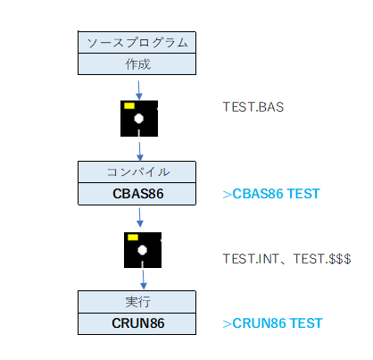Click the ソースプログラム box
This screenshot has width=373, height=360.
(x=137, y=42)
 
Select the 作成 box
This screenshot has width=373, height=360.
(x=137, y=64)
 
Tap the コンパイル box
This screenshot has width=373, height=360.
(x=137, y=172)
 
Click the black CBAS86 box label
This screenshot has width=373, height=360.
(x=138, y=194)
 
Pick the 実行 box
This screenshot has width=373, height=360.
(x=137, y=302)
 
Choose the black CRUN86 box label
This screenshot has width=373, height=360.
(x=138, y=323)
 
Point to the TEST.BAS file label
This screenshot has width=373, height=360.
(x=253, y=107)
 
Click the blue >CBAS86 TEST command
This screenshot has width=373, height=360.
(x=271, y=194)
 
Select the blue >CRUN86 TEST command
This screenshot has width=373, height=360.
(x=272, y=323)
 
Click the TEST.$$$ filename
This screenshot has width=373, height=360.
(x=322, y=259)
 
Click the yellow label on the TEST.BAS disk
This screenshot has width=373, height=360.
(x=129, y=105)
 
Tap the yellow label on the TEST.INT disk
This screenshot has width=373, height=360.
(x=133, y=238)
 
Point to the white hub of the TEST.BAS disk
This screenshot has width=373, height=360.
(x=138, y=118)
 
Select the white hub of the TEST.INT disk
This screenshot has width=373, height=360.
(x=143, y=250)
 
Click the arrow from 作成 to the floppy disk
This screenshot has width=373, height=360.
(x=138, y=90)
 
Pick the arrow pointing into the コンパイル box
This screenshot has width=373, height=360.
(x=140, y=152)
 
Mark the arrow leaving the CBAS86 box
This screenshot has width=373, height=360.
(x=140, y=217)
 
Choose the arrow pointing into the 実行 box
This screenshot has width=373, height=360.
(x=144, y=280)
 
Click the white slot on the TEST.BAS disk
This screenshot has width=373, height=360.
(x=139, y=133)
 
